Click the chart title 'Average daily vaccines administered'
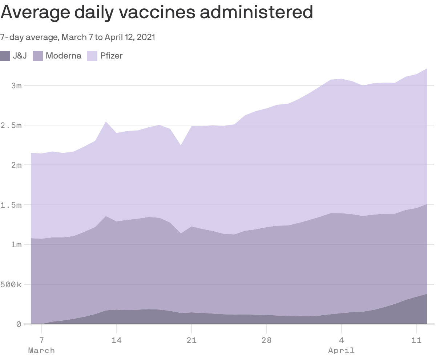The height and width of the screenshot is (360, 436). coord(157,12)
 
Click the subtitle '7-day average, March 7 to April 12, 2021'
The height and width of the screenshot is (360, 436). coord(77,37)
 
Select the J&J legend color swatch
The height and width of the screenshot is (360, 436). coord(5,56)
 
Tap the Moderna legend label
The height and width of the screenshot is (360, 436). coord(63,56)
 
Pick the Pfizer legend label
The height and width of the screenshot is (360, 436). coord(112,56)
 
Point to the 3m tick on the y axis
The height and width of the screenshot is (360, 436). coord(16,86)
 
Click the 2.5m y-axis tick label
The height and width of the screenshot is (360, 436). coord(11,125)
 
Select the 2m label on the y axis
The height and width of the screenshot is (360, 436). coord(16,165)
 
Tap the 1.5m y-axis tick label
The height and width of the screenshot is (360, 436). coord(11,205)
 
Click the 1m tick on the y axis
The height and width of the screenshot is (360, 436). coord(16,245)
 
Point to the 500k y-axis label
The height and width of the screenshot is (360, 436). coord(11,284)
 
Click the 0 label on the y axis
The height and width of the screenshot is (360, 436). coord(19,324)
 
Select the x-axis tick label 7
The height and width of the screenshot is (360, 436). coord(41,340)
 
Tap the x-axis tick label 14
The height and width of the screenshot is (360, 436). coord(116,340)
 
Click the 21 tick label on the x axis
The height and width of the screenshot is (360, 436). coord(191,340)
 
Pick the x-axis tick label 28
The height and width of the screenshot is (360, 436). coord(266,340)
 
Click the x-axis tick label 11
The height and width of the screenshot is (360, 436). coord(416,340)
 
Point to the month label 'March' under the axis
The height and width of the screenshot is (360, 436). coord(41,351)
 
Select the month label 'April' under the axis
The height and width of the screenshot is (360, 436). coord(341,351)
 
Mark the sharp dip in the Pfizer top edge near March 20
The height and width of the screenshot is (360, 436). coord(181,145)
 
